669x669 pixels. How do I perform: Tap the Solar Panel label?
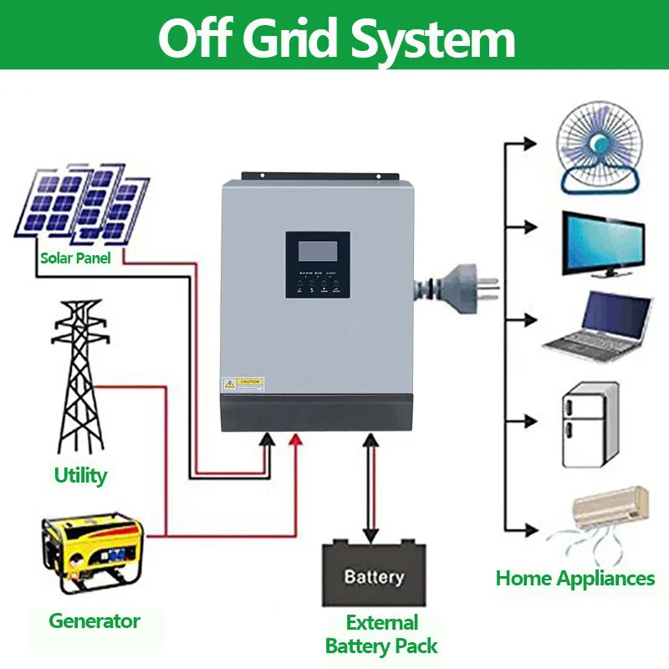tap(75, 258)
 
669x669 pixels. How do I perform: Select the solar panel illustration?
tap(82, 203)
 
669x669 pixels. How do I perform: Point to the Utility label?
tap(80, 476)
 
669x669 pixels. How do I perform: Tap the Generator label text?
tap(94, 621)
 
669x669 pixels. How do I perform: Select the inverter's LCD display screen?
tap(317, 250)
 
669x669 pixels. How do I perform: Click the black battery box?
tap(374, 575)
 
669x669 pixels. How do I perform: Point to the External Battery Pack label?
tap(381, 635)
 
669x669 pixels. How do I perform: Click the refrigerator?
tap(589, 426)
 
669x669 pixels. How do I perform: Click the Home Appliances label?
tap(575, 578)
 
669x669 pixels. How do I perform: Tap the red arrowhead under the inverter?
tap(294, 441)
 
